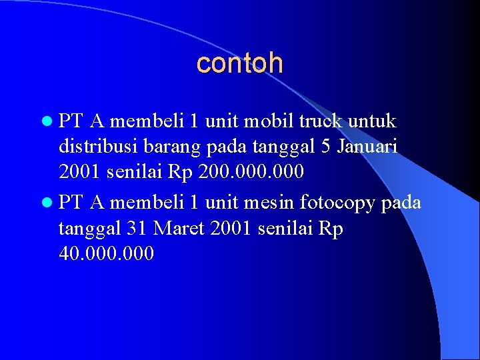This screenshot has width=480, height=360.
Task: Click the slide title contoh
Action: coord(240,63)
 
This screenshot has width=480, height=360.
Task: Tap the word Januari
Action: coord(368,147)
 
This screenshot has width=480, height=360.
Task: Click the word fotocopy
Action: coord(339,203)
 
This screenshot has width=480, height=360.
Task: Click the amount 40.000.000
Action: coord(106,253)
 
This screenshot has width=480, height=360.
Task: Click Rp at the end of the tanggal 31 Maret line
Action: coord(331,228)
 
